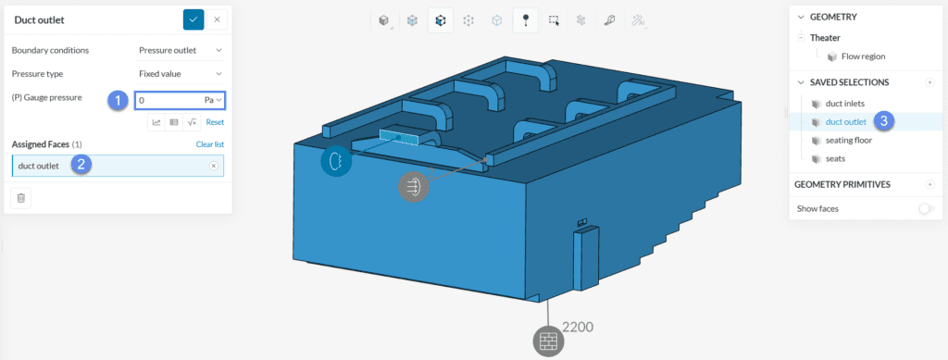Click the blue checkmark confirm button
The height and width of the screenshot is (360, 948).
pos(193,20)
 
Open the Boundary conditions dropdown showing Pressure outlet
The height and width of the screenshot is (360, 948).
pos(181,51)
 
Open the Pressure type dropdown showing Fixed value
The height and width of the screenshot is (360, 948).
pos(181,74)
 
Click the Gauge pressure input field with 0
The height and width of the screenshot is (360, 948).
pos(180,100)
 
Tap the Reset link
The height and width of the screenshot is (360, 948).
pos(215,122)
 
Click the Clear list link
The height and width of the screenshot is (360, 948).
pos(210,144)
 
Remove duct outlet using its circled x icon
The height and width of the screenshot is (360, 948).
pos(214,166)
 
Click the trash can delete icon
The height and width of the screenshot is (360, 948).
pos(20,197)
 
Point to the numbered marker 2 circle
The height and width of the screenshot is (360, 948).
pos(81,165)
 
